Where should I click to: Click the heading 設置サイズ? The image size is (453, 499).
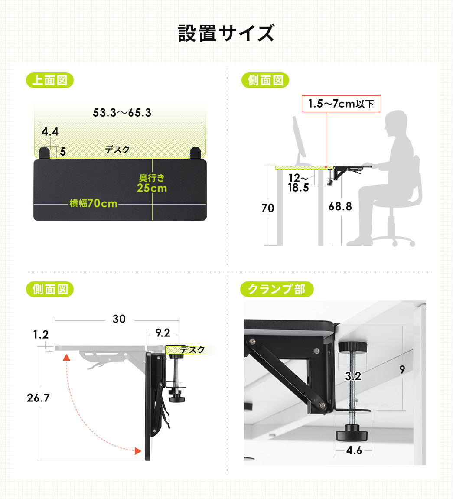(226, 33)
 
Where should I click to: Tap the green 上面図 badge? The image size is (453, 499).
(49, 80)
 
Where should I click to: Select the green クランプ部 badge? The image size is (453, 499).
(277, 289)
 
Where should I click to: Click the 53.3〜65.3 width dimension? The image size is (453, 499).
(122, 113)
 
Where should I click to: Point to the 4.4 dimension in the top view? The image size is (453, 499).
(50, 131)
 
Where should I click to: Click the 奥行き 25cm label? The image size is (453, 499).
(152, 183)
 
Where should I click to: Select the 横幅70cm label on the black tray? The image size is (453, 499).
(94, 203)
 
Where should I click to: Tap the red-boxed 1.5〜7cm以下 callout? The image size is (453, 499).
(341, 104)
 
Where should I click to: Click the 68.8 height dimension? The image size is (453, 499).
(340, 206)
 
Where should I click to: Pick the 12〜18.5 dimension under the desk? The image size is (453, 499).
(298, 183)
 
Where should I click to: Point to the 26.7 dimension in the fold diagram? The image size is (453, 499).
(38, 398)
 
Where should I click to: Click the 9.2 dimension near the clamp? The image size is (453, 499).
(163, 333)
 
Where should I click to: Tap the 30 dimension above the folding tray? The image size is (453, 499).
(119, 319)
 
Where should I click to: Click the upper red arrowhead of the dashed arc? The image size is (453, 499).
(66, 357)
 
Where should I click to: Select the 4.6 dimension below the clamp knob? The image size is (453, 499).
(354, 450)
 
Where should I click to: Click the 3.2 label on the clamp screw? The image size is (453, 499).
(353, 376)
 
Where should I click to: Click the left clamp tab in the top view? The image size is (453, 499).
(44, 153)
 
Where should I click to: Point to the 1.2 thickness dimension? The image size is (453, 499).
(41, 334)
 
